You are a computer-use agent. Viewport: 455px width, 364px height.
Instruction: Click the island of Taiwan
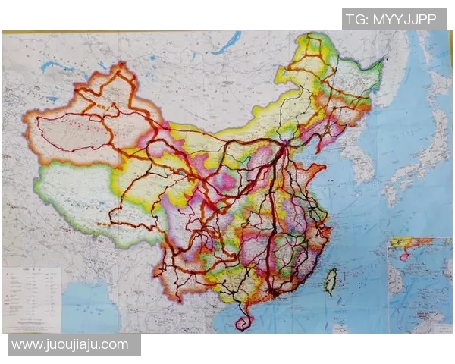(x=331, y=281)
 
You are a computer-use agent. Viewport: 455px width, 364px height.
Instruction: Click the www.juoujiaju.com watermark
(x=70, y=344)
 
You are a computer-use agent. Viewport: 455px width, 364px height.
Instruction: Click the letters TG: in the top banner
(x=357, y=19)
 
